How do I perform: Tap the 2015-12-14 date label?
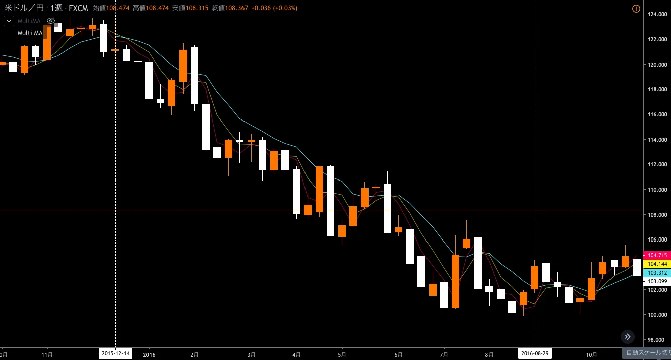(x=115, y=354)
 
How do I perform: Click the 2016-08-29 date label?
(x=535, y=354)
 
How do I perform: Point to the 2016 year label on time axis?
(x=149, y=354)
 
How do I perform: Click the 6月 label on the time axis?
(x=399, y=354)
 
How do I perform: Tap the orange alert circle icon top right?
(x=636, y=9)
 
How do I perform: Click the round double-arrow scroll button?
(x=628, y=337)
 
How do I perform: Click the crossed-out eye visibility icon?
(x=50, y=21)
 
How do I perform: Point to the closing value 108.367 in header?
(x=236, y=8)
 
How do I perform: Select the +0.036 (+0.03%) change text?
(x=274, y=8)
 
